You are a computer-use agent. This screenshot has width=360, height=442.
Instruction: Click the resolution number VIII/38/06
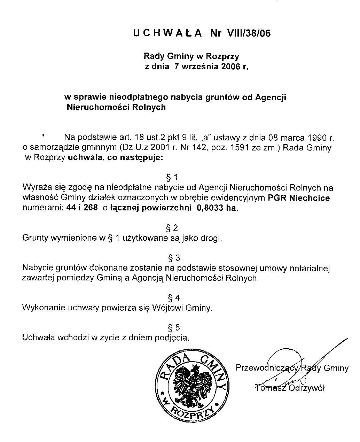[249, 33]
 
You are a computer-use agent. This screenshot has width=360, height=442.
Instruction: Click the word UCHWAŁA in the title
[167, 33]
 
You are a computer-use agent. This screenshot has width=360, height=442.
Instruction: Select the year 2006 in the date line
[231, 66]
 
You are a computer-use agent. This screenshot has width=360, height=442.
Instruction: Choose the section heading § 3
[174, 258]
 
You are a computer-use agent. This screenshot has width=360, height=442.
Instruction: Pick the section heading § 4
[174, 298]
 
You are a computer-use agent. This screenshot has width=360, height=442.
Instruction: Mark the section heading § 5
[174, 328]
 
